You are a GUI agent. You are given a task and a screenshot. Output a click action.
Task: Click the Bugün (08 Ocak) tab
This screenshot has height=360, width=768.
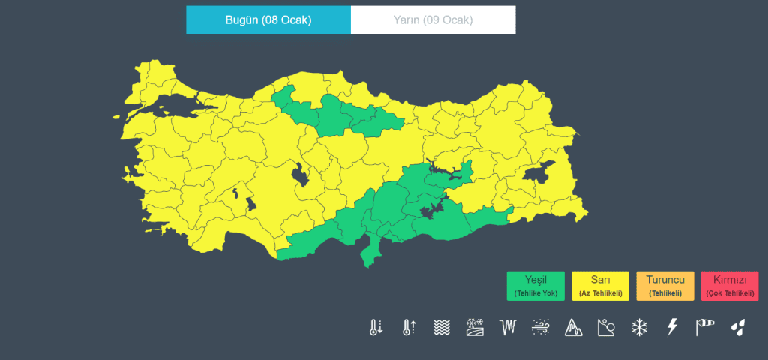click(x=268, y=19)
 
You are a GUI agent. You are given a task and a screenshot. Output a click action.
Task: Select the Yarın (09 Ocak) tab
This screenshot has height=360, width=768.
click(x=433, y=19)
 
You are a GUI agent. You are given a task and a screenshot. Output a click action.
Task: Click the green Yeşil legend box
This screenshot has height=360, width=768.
click(x=535, y=286)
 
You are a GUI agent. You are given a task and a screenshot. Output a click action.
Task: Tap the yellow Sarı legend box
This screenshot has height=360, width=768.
click(x=600, y=286)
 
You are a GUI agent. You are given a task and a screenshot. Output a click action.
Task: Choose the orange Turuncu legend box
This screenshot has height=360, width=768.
click(x=664, y=286)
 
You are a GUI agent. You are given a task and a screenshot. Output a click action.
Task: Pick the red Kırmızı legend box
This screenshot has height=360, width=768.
click(x=729, y=286)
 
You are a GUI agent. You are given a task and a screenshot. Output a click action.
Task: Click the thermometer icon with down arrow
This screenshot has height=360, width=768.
click(x=376, y=327)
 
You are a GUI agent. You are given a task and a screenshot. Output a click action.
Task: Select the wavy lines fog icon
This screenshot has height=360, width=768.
click(x=442, y=327)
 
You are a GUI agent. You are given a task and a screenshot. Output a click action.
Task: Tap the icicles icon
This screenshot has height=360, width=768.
click(x=508, y=327)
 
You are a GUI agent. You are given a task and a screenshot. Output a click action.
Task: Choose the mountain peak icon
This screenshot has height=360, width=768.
click(x=573, y=327)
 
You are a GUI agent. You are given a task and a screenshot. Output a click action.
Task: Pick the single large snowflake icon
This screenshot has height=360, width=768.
click(x=639, y=327)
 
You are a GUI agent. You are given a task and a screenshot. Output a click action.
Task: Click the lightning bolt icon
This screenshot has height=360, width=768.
click(x=672, y=327)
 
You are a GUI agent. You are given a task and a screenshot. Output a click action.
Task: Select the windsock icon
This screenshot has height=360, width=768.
click(x=705, y=327)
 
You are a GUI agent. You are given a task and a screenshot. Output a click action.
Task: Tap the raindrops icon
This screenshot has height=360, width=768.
click(x=738, y=327)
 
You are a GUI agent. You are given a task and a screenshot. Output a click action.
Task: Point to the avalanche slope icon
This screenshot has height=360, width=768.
click(x=606, y=327)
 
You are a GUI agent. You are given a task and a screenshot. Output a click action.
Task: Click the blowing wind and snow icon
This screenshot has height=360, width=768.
click(x=541, y=327)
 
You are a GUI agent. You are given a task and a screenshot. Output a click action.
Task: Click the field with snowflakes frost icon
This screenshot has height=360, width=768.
click(x=475, y=327)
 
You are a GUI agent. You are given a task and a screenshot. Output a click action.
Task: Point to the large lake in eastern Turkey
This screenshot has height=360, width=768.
click(x=538, y=174)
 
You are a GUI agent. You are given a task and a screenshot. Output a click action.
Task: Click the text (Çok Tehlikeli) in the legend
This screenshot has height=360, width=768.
click(x=729, y=293)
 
